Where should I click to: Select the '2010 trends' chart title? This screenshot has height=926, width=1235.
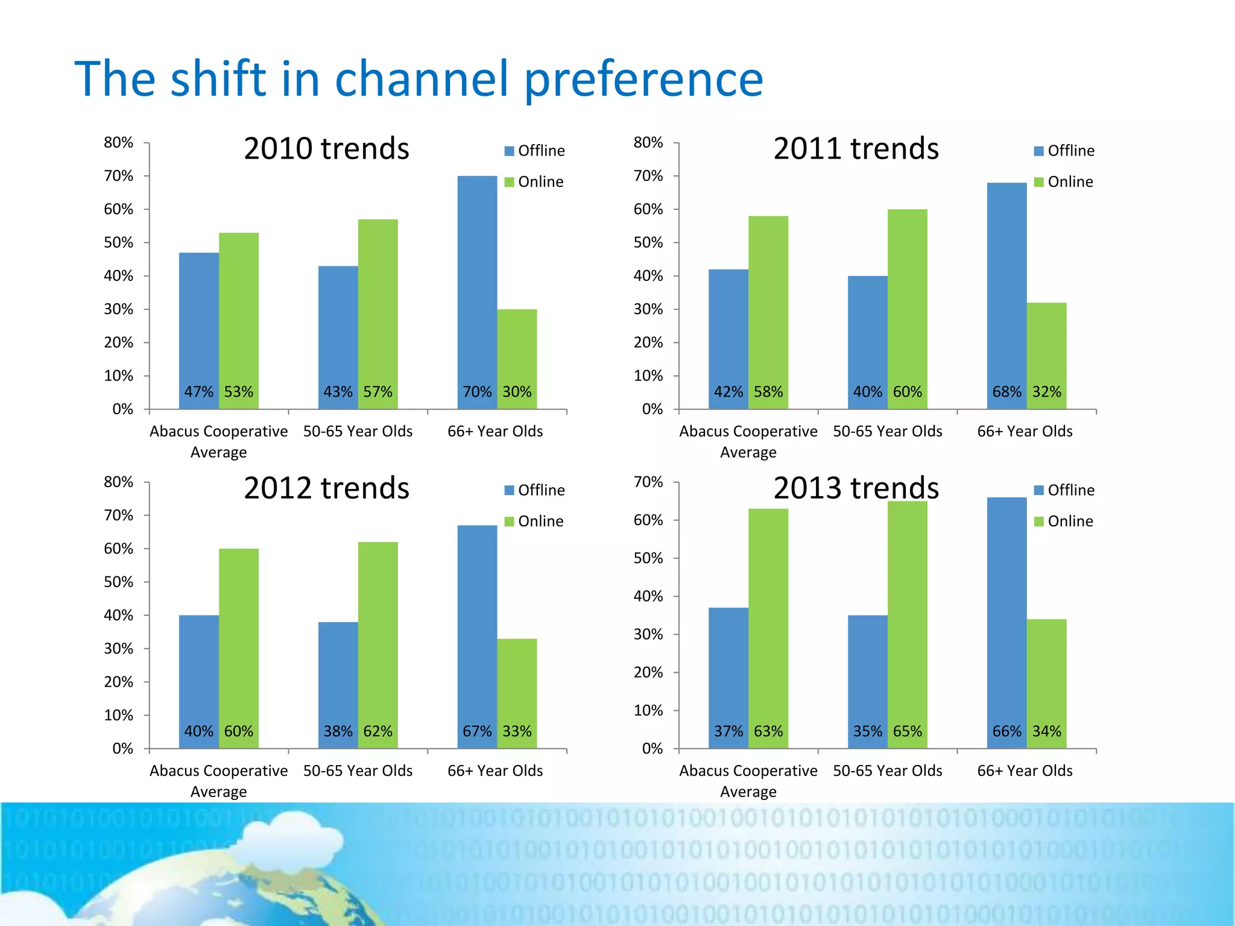coord(326,148)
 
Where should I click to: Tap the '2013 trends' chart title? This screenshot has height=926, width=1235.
coord(856,488)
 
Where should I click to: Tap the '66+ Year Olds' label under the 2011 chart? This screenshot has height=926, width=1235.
coord(1025,432)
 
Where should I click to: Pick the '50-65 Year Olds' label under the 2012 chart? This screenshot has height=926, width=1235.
coord(358,771)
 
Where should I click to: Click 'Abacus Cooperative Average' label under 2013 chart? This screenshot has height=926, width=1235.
coord(748,781)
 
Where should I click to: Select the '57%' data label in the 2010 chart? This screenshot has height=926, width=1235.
coord(377,392)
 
